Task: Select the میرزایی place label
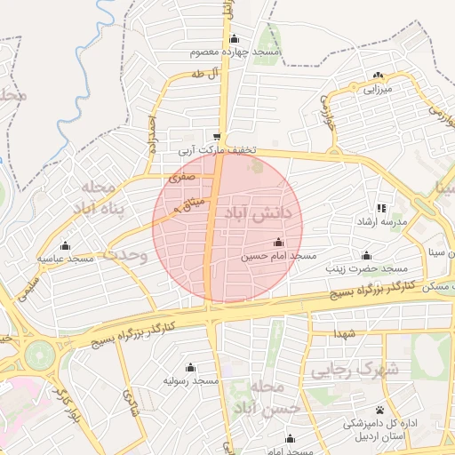point(374,89)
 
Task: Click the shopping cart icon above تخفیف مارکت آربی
point(218,138)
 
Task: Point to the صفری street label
point(180,179)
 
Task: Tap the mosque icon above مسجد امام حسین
point(278,243)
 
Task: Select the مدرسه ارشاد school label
point(383,220)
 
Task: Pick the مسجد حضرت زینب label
point(364,267)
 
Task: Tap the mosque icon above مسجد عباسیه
point(64,245)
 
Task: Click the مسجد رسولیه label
point(190,380)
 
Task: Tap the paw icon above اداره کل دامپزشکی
point(380,410)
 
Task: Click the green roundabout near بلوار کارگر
point(40,355)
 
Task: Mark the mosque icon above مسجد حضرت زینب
point(364,254)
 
